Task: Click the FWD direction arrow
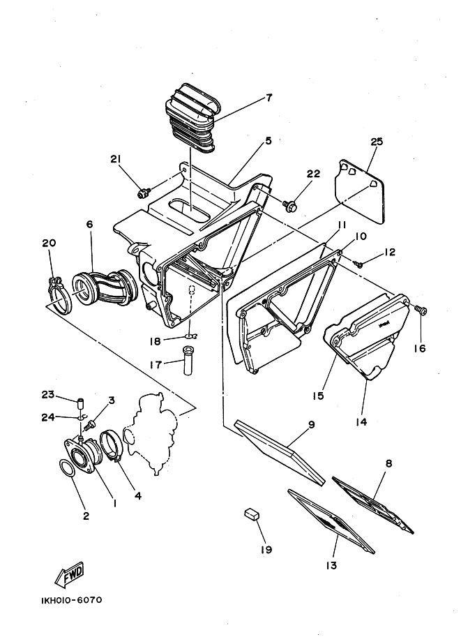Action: pyautogui.click(x=70, y=574)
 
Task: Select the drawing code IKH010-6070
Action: pyautogui.click(x=72, y=600)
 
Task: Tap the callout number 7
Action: pyautogui.click(x=269, y=98)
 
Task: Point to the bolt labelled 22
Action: pyautogui.click(x=290, y=206)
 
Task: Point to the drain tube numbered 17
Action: pyautogui.click(x=187, y=360)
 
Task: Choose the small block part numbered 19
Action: pyautogui.click(x=252, y=514)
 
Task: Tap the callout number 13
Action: pyautogui.click(x=331, y=565)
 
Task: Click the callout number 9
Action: pyautogui.click(x=312, y=425)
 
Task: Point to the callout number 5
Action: pyautogui.click(x=268, y=141)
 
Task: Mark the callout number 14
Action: pyautogui.click(x=361, y=422)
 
